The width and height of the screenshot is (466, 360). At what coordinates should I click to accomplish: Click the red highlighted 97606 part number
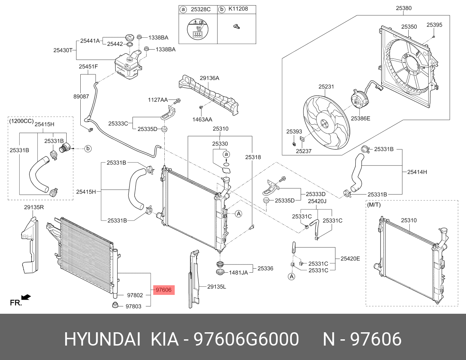pos(164,290)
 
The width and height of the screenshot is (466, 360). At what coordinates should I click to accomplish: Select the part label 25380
pos(403,8)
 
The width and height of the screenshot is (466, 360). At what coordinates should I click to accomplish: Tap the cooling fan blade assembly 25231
pos(326,122)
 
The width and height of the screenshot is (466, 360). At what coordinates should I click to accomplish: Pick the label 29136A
pos(209,78)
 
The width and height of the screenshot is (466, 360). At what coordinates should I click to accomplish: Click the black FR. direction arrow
pos(26,297)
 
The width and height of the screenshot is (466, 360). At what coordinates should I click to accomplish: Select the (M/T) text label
pos(373,205)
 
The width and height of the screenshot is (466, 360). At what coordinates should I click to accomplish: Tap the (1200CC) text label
pos(21,121)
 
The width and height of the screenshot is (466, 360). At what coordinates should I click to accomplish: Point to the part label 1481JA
pos(238,273)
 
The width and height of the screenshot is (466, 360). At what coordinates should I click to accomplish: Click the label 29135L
pos(217,286)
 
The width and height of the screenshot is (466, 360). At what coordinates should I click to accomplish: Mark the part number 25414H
pos(417,172)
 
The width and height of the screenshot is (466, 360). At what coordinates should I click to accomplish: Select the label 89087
pos(81,96)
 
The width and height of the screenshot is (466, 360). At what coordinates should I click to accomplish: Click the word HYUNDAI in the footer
pos(102,339)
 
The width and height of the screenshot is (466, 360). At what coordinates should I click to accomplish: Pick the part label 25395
pos(434,25)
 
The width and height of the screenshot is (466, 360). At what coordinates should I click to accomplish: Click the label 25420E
pos(350,259)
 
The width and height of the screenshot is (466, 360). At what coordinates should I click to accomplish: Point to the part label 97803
pos(134,306)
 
